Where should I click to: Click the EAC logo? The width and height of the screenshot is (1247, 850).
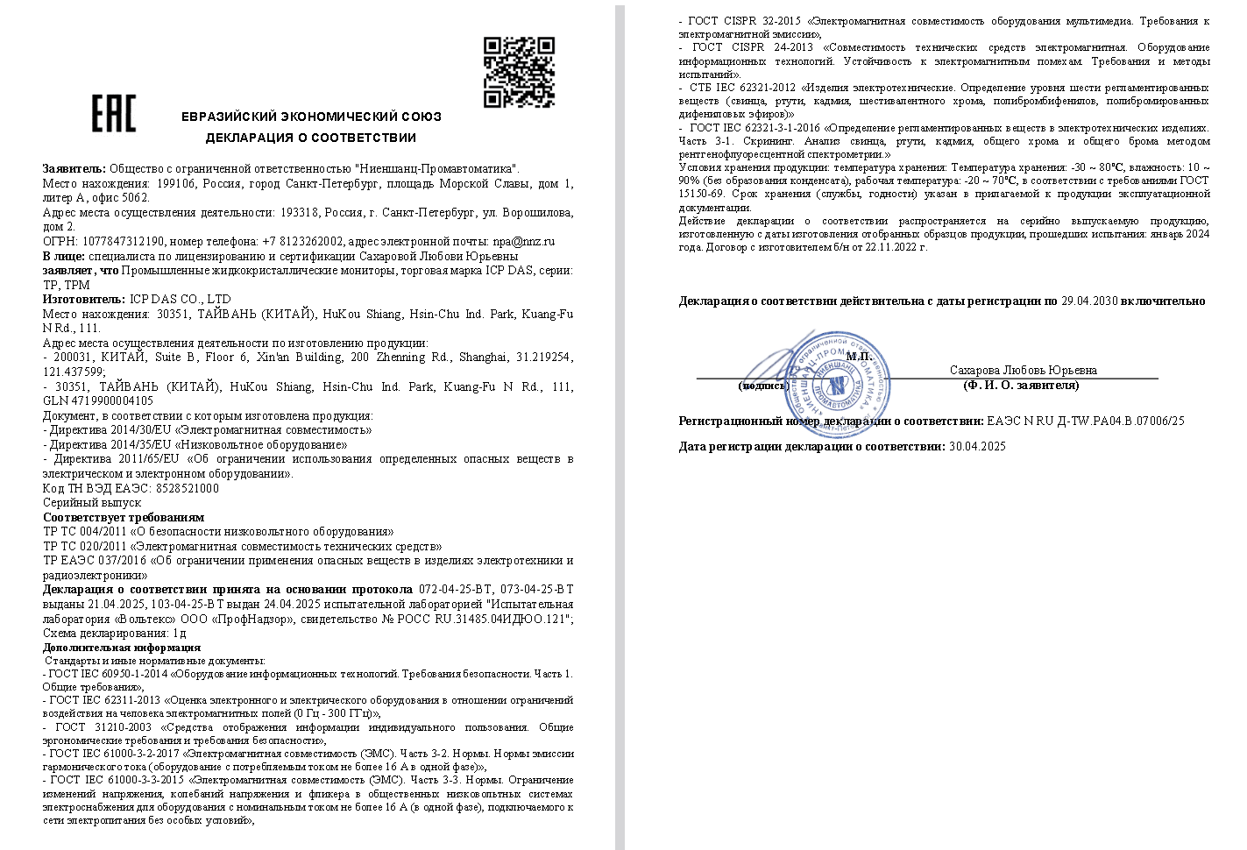tap(114, 114)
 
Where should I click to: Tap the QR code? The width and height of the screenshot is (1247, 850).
tap(519, 72)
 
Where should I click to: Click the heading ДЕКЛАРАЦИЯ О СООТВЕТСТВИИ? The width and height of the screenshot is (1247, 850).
tap(311, 138)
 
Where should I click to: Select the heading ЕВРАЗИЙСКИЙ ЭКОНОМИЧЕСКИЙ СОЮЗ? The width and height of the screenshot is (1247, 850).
tap(311, 117)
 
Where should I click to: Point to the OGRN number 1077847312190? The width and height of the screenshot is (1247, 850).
tap(123, 241)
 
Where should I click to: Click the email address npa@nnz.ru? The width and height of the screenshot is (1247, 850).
tap(523, 241)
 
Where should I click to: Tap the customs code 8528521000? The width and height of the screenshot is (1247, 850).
tap(187, 488)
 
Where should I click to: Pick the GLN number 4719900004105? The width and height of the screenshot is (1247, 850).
tap(111, 400)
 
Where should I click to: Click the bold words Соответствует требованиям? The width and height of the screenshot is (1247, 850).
tap(123, 517)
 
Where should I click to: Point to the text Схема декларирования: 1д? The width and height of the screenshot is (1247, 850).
tap(114, 633)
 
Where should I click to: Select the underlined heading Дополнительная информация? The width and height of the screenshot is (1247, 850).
tap(121, 648)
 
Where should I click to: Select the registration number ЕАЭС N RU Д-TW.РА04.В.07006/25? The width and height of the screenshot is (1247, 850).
tap(1085, 421)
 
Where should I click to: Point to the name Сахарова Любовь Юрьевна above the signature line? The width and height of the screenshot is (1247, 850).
tap(1023, 371)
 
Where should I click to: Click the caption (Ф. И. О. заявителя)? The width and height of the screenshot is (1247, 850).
tap(1021, 386)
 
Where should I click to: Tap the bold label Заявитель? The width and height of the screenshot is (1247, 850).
tap(74, 168)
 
